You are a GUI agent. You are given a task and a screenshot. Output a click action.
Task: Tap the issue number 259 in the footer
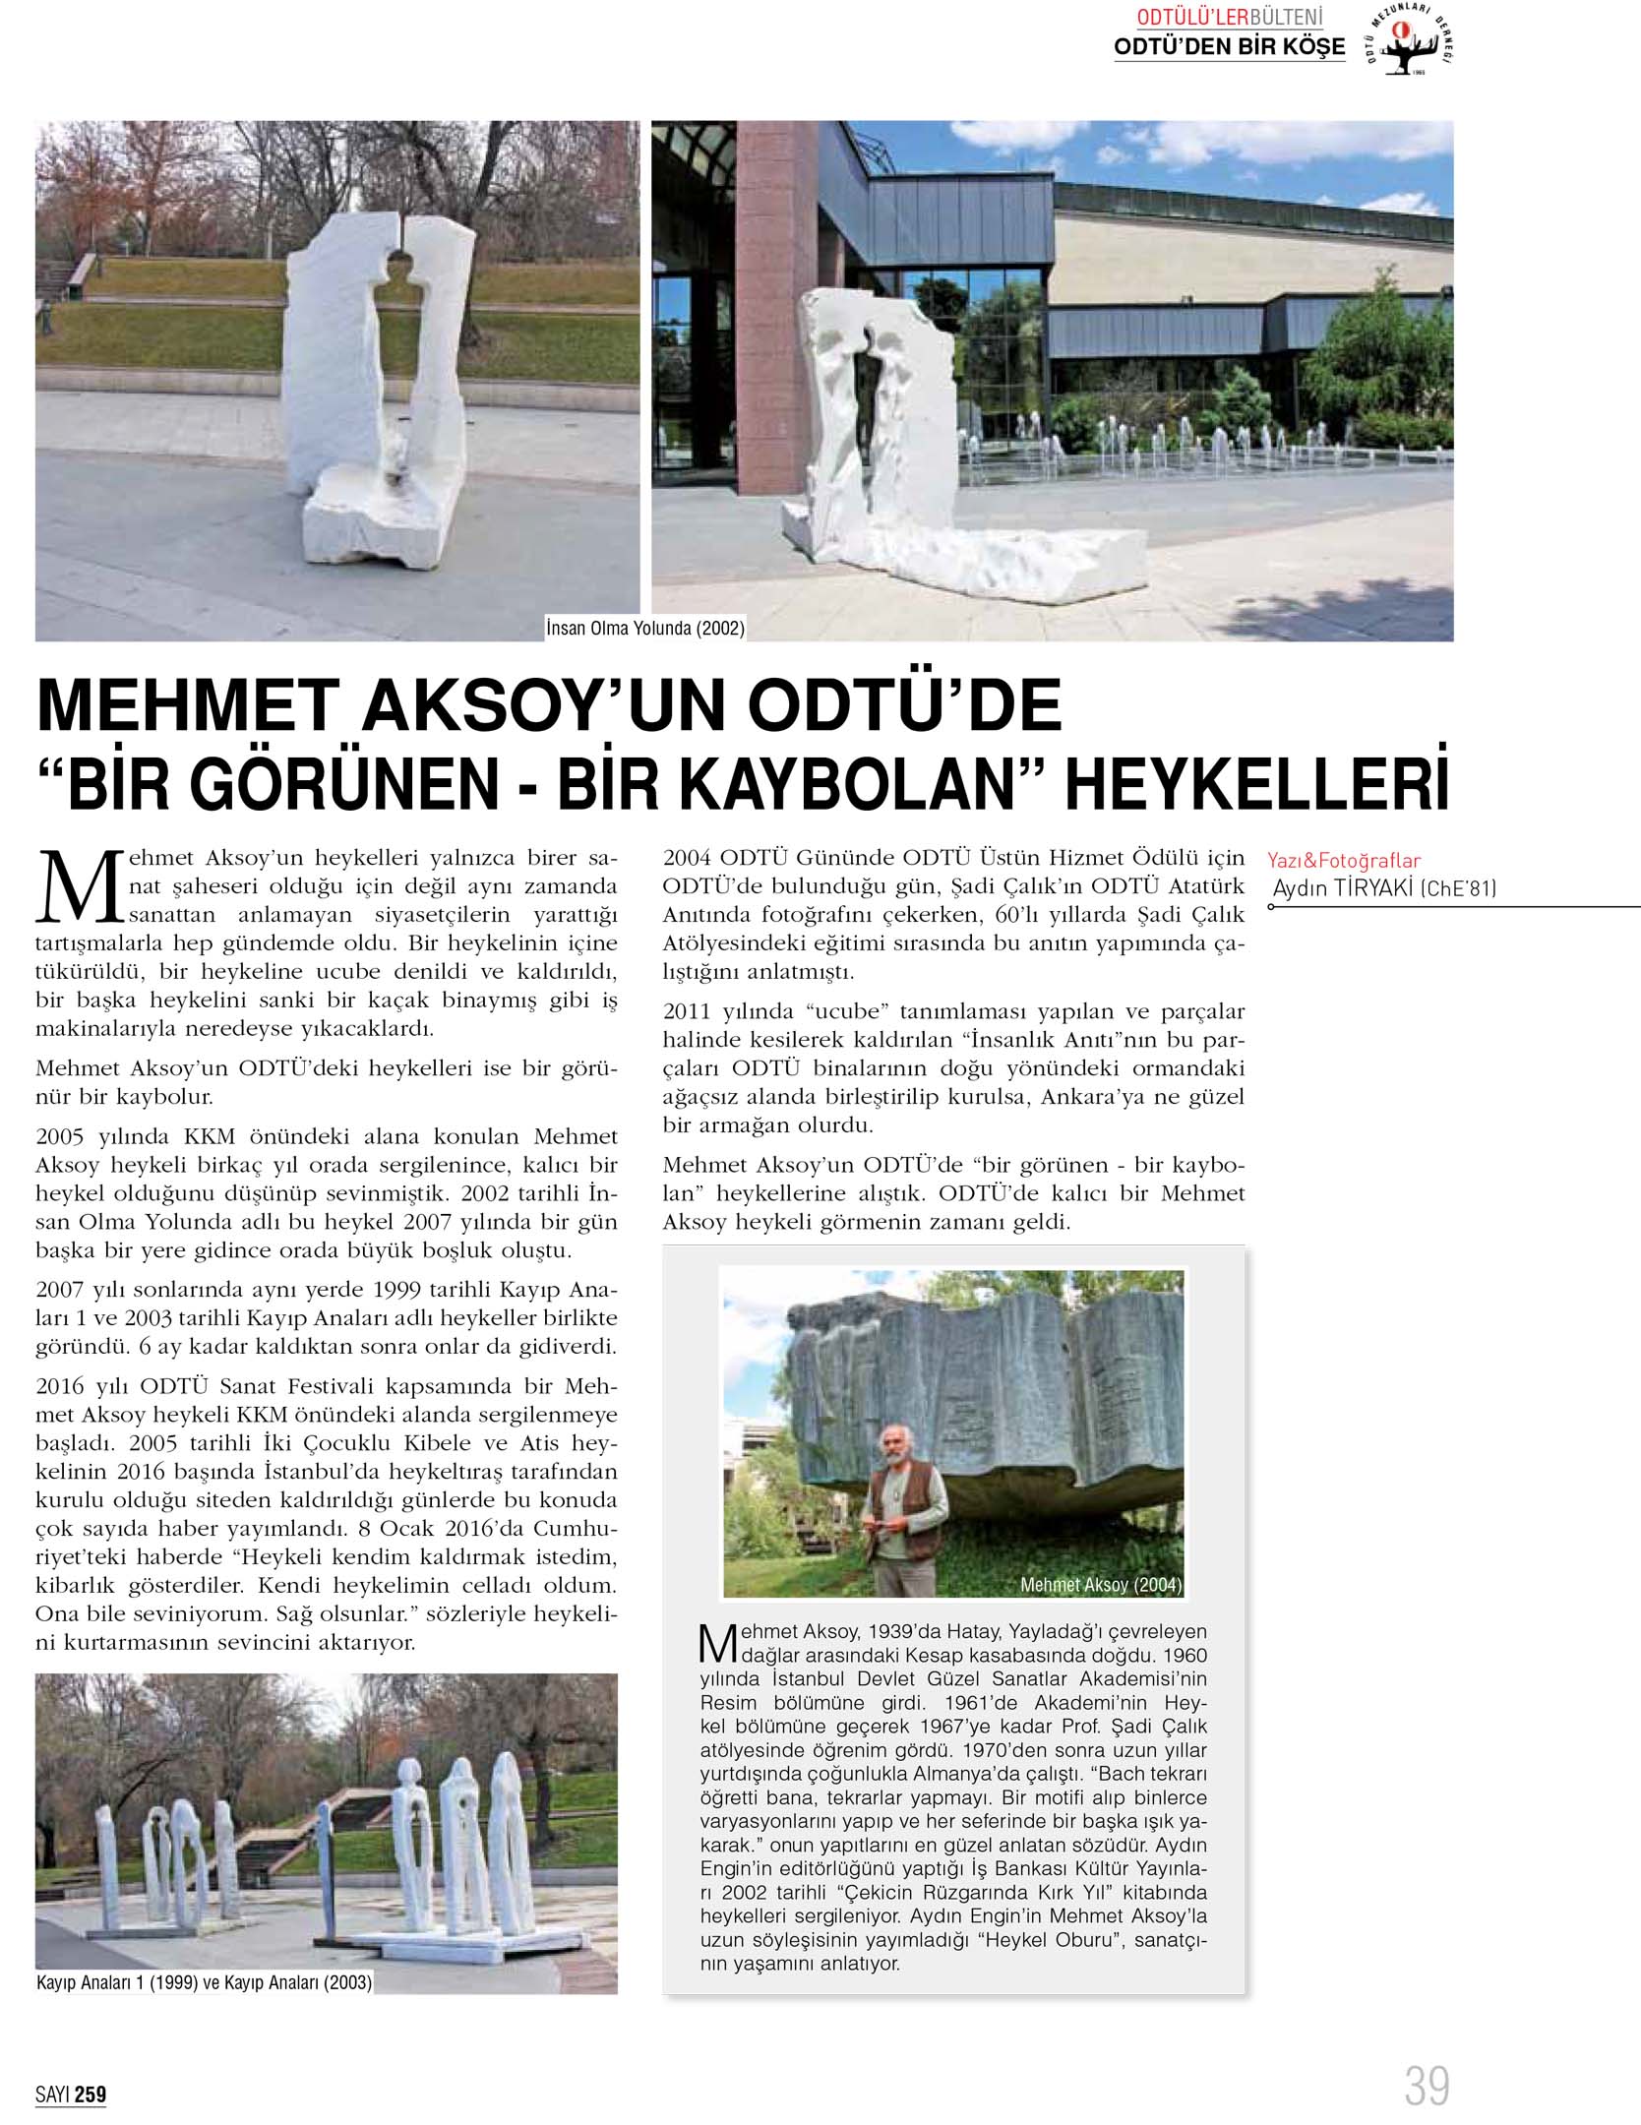[90, 2095]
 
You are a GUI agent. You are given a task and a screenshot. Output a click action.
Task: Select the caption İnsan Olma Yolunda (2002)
[645, 628]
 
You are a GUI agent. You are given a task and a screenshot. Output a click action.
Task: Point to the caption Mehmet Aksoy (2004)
[1100, 1585]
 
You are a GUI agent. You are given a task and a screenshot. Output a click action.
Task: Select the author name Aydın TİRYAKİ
[1344, 888]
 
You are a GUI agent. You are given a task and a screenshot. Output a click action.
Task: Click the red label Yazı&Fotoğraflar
[1344, 861]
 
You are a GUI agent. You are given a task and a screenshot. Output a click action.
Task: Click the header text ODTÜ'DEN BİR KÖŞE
[1229, 46]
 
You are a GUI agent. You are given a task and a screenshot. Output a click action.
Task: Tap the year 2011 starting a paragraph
[685, 1011]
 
